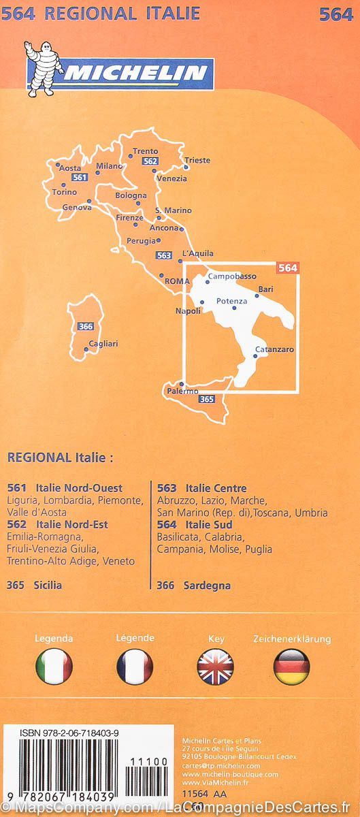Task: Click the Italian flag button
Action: (54, 666)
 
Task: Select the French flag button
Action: (135, 666)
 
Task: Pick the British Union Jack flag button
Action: (215, 666)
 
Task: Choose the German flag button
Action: (291, 666)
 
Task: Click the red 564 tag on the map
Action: (288, 268)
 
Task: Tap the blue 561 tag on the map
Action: (80, 178)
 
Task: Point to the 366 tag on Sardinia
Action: (86, 327)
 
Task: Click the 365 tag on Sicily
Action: (207, 400)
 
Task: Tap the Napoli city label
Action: (188, 311)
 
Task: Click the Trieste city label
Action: (197, 161)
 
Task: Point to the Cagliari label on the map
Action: (103, 344)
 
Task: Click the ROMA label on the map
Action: (177, 281)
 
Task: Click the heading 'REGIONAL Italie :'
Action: (59, 458)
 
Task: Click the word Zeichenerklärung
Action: (291, 639)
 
